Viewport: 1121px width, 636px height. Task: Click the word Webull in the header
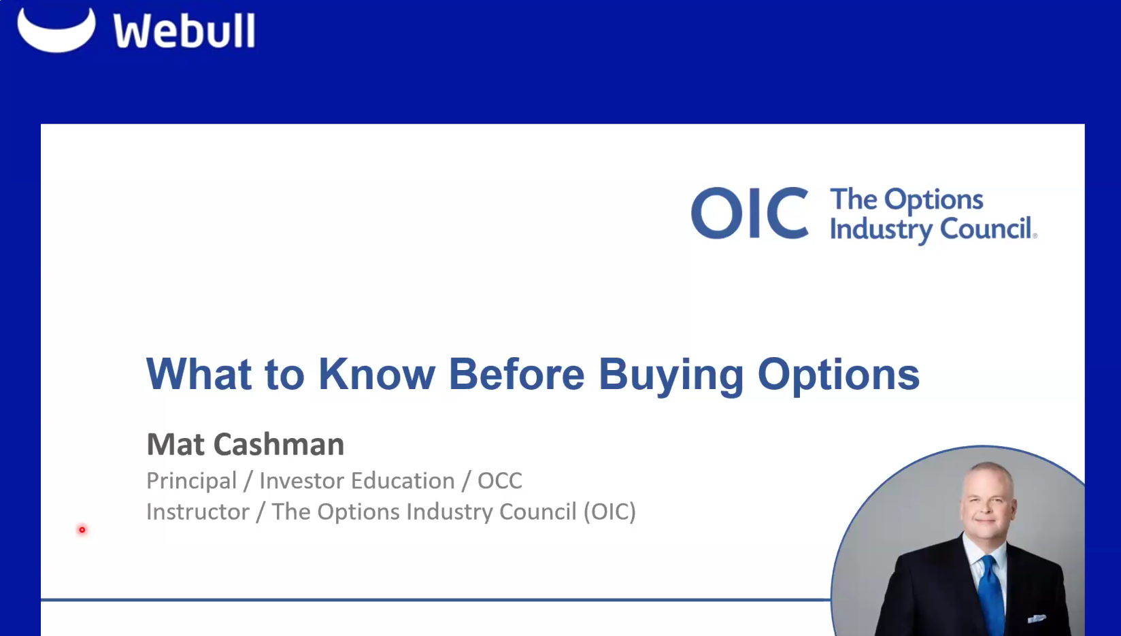coord(184,31)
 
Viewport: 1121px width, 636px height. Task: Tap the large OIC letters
coord(750,214)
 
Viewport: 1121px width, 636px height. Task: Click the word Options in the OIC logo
coord(933,200)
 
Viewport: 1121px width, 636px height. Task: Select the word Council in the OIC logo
coord(986,229)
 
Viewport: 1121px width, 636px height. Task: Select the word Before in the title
coord(516,373)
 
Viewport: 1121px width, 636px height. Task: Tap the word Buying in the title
coord(671,375)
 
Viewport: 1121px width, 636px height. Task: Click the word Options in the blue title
coord(838,375)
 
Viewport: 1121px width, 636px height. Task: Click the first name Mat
coord(175,444)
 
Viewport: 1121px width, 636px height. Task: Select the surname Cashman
coord(279,444)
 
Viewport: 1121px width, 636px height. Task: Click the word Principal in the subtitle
coord(191,481)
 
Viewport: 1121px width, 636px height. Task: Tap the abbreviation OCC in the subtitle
coord(499,481)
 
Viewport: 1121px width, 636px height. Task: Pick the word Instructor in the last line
coord(197,512)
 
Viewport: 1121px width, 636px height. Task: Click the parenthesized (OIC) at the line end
coord(609,512)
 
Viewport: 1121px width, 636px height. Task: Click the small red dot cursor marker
coord(82,530)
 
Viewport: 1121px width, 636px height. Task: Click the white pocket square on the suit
coord(1037,619)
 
